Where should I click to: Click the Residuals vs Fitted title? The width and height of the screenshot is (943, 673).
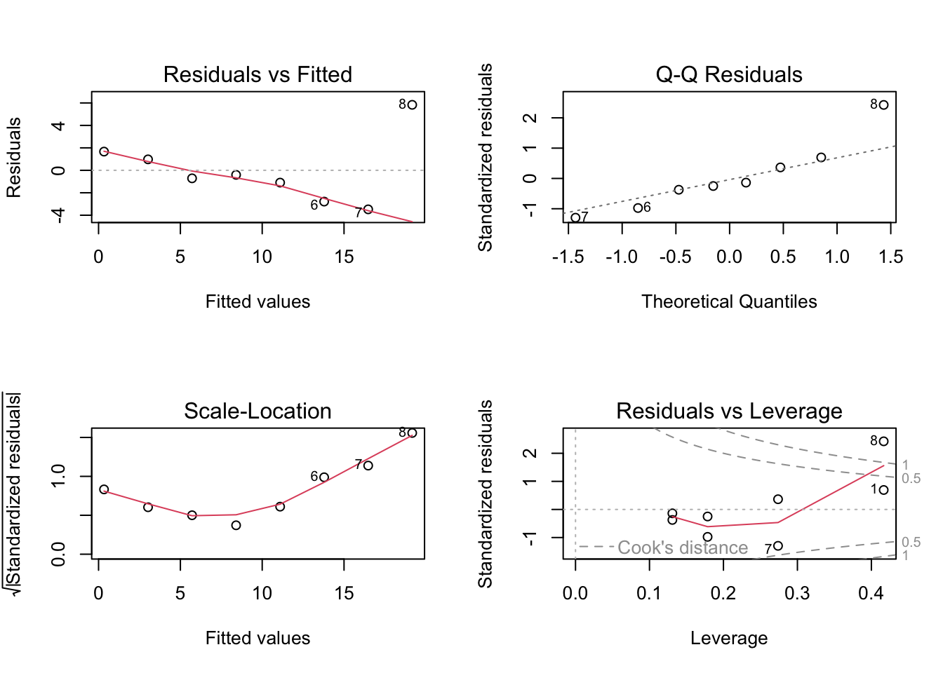[258, 74]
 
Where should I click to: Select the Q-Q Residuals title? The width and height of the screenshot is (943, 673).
[729, 74]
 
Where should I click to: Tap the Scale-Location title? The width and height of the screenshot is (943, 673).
[258, 411]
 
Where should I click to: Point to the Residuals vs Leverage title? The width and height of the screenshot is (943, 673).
[729, 411]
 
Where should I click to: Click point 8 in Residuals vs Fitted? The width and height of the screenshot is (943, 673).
[412, 104]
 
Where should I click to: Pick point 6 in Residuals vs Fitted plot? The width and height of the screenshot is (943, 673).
[324, 202]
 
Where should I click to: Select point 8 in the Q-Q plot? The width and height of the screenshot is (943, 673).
[883, 104]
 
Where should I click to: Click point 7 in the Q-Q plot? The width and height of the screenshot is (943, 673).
[575, 217]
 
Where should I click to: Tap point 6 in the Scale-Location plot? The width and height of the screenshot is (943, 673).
[324, 477]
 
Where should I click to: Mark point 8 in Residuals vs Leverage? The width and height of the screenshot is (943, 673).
[883, 441]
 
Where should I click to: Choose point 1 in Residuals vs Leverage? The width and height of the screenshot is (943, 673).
[883, 490]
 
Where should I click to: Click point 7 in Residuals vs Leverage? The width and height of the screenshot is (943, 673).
[777, 546]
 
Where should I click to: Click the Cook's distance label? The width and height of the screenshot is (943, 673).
[683, 548]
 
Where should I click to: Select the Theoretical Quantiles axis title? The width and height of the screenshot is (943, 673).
[729, 301]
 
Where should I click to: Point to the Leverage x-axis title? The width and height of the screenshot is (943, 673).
[729, 638]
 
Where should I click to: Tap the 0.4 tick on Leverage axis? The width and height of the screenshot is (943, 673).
[871, 594]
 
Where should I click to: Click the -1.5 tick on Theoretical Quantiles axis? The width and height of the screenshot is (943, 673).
[568, 257]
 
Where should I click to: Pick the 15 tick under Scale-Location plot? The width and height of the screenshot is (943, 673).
[344, 594]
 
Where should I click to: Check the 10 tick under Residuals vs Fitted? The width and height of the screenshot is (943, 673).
[262, 257]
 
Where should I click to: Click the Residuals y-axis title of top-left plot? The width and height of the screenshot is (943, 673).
[14, 157]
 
